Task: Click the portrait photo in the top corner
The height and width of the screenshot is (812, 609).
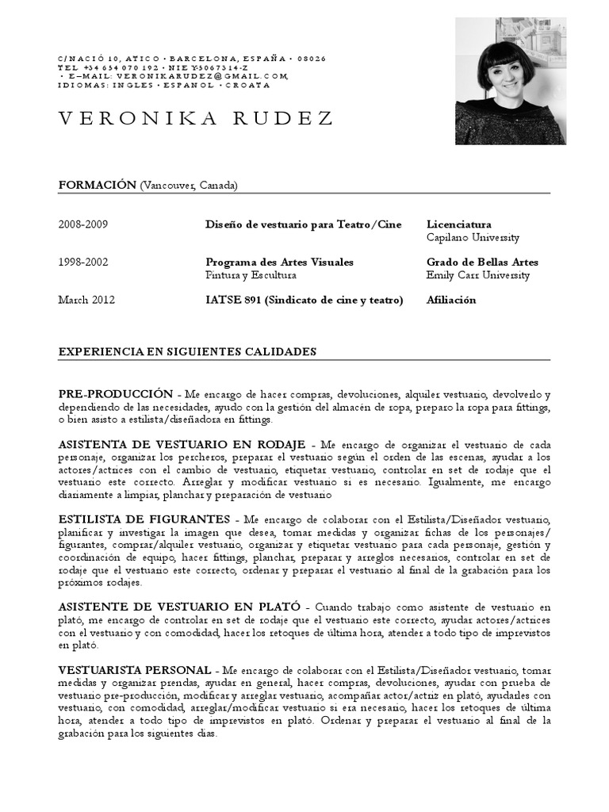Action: point(510,81)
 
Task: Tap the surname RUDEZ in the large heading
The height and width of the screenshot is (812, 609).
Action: point(283,119)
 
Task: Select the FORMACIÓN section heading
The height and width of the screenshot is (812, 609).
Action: point(98,185)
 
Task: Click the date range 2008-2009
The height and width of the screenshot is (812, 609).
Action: point(83,224)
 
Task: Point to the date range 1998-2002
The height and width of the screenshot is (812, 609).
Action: point(83,262)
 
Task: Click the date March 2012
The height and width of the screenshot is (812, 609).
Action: point(86,300)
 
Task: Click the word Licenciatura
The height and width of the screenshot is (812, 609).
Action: point(458,224)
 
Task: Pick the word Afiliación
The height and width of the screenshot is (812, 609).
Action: point(451,300)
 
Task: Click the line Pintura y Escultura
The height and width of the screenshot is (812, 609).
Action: point(251,275)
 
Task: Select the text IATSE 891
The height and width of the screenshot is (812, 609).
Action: point(233,300)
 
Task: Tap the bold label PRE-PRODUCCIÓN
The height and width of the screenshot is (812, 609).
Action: point(116,393)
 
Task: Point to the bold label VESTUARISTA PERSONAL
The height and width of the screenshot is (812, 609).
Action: point(135,670)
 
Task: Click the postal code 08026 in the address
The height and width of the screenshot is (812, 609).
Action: point(312,59)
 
